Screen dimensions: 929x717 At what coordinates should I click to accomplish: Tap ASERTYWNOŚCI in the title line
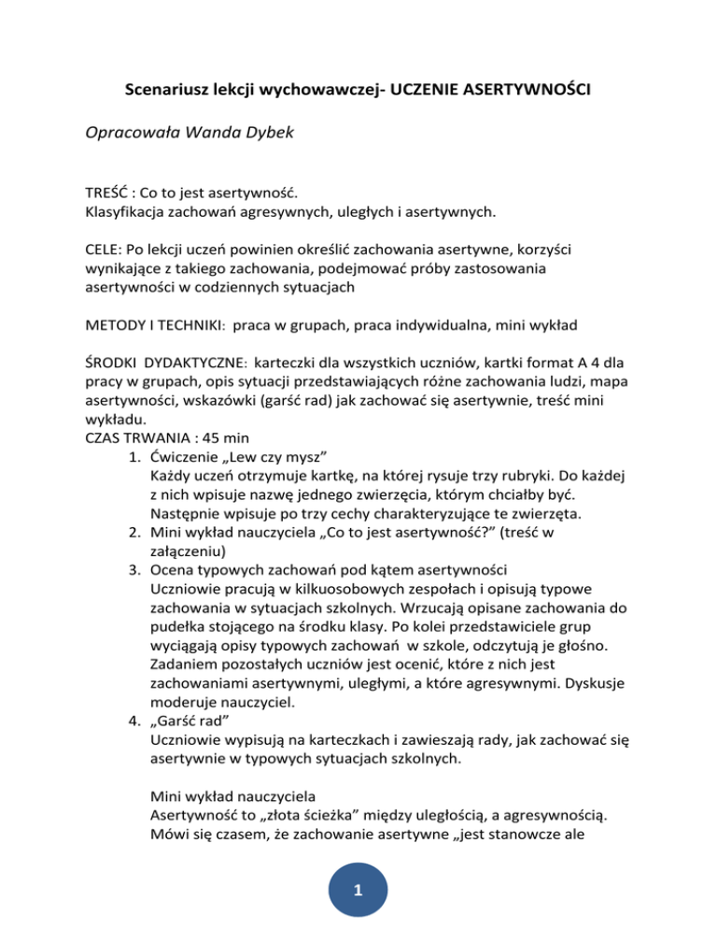(x=521, y=93)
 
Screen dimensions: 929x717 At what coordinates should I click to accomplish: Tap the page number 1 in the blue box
(x=358, y=898)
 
